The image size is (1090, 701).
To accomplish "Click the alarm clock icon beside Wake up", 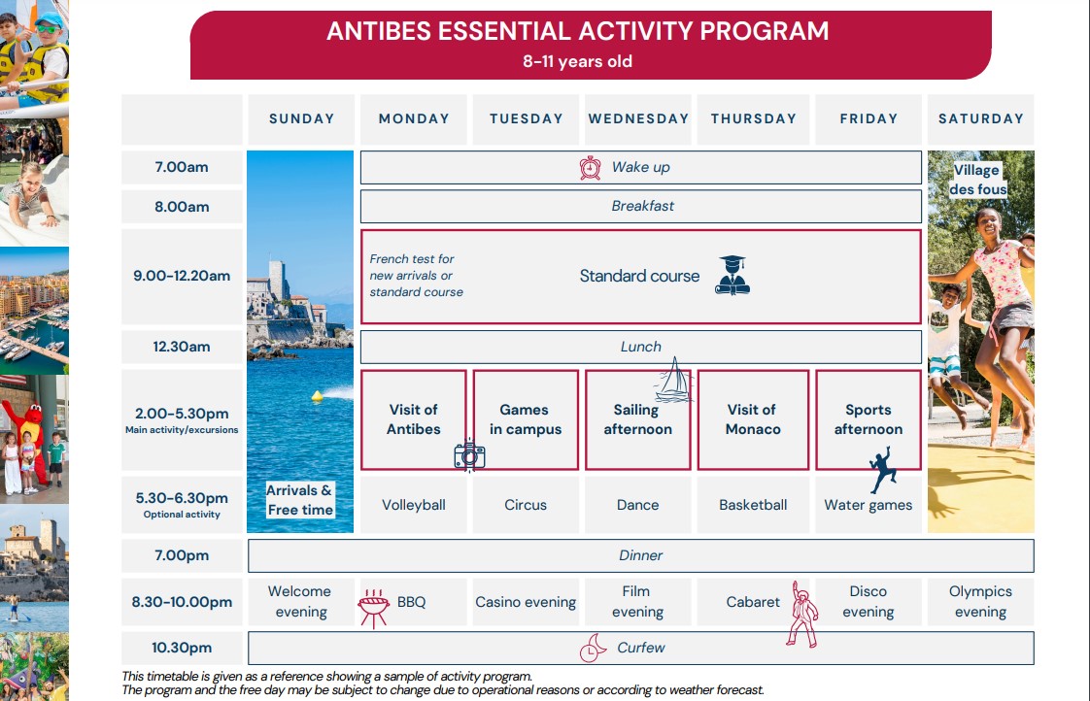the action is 591,167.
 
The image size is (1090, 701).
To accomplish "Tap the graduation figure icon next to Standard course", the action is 732,275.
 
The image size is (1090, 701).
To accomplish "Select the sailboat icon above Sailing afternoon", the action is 673,380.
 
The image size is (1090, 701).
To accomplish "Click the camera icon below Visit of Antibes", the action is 469,455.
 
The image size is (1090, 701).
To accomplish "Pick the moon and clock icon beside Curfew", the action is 593,648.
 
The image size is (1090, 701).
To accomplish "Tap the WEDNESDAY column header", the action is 638,118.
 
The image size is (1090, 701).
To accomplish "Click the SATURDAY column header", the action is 981,118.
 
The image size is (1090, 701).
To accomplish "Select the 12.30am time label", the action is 182,347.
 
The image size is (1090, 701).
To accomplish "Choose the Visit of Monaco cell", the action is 753,419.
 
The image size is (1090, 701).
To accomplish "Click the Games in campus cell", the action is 526,419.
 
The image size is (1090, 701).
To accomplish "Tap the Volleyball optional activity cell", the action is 414,505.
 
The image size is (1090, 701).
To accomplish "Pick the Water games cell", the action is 869,505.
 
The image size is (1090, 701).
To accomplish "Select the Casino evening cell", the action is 526,602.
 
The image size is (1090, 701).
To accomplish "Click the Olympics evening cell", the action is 981,602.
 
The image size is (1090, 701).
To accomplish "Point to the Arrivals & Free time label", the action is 299,499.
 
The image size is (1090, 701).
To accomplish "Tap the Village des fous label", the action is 977,180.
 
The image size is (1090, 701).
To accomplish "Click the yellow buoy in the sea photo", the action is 317,396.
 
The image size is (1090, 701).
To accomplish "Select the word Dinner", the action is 640,555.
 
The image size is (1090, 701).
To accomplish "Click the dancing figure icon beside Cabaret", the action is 802,615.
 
